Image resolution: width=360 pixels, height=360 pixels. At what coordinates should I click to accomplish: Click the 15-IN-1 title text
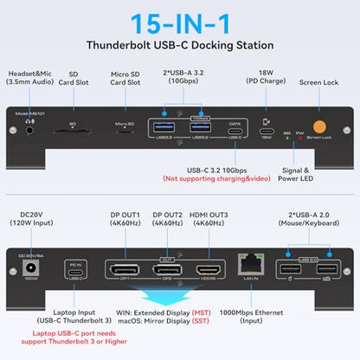(179, 19)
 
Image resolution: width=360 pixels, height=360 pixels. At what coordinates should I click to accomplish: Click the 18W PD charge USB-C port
(268, 133)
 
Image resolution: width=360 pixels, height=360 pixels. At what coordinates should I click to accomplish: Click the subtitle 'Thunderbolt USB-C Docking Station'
(179, 45)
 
